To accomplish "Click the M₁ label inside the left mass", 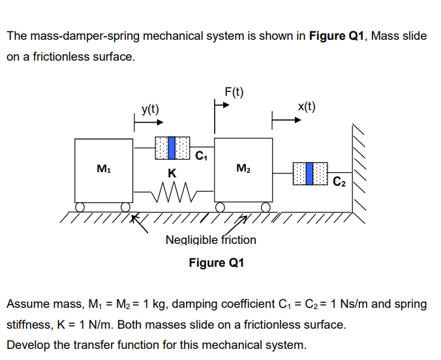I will [102, 170].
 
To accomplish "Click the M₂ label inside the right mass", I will [243, 170].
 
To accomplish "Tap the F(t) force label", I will [234, 91].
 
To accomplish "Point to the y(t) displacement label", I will [151, 109].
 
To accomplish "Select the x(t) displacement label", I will [306, 107].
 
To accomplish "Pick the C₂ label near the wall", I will [339, 181].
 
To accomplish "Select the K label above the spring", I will [172, 173].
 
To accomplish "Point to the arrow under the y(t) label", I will [149, 121].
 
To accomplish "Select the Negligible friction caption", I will [211, 240].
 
